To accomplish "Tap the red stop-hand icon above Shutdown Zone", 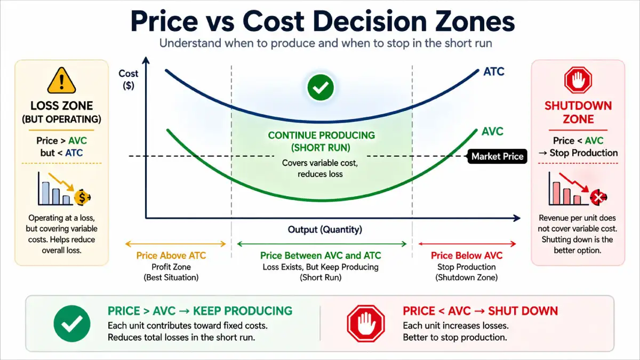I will click(x=578, y=81).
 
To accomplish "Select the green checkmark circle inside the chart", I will click(x=320, y=87).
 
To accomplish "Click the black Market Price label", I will click(x=497, y=156).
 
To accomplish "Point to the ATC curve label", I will click(x=493, y=71).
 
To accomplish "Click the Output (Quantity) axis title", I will click(x=325, y=230).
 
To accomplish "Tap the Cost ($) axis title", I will click(x=128, y=79).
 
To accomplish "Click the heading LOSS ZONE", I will click(x=62, y=106).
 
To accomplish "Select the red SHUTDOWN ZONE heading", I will click(x=578, y=112).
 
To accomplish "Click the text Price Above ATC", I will click(x=171, y=256).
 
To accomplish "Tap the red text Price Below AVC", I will click(x=467, y=256).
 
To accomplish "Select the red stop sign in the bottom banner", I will click(x=366, y=323).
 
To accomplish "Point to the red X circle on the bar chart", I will click(x=598, y=198).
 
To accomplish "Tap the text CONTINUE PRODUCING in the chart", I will click(x=321, y=135).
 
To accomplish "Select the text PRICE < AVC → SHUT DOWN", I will click(x=480, y=311).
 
